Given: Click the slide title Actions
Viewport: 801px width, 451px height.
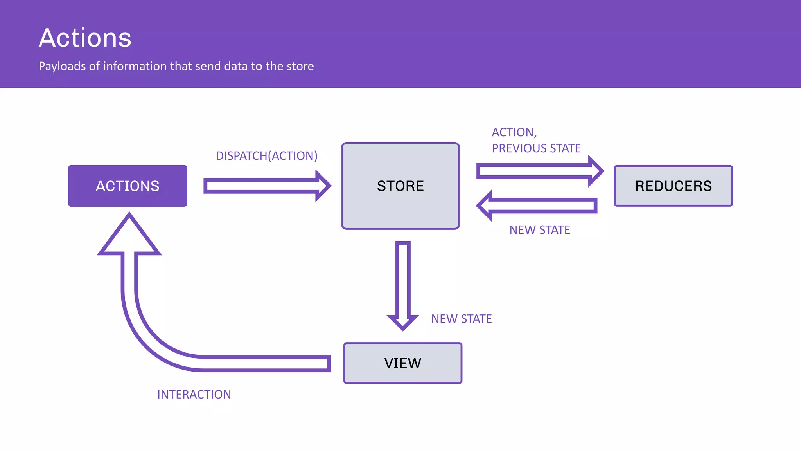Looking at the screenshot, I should (x=85, y=38).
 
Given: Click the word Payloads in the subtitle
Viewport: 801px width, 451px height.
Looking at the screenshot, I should (x=62, y=66).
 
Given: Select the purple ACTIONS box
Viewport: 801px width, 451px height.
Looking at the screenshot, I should (x=128, y=186).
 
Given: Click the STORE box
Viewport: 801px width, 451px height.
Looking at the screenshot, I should (x=400, y=186).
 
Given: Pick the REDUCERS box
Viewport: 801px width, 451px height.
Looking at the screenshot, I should (x=673, y=186).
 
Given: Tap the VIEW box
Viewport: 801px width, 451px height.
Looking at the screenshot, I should (x=402, y=363).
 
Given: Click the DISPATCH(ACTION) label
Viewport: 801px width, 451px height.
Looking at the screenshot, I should (x=266, y=156).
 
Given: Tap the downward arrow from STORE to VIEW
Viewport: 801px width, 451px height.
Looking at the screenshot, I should (x=402, y=282).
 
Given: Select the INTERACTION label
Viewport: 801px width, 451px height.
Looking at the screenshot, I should (x=194, y=394).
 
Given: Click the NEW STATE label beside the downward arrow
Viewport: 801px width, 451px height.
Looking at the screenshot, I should (x=461, y=319).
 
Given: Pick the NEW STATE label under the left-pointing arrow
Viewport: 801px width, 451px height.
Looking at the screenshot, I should (x=539, y=230).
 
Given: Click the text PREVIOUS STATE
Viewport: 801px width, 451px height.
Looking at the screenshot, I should (x=536, y=148).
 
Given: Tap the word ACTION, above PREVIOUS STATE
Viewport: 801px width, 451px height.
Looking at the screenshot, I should (x=514, y=132).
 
